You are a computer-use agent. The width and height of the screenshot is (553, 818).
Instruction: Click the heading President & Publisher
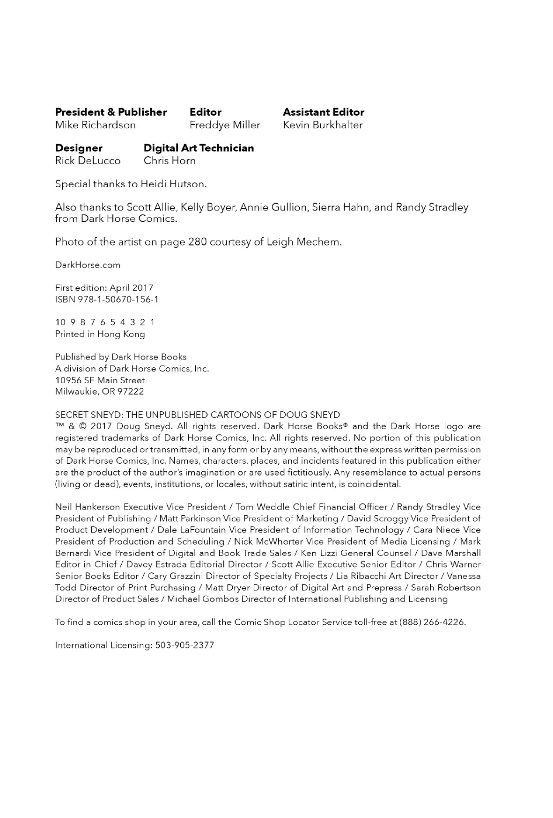111,112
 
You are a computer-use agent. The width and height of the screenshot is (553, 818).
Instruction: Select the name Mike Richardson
96,125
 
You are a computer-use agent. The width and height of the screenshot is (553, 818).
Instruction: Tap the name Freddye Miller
225,125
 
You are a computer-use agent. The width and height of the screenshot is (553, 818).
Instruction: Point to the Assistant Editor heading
323,112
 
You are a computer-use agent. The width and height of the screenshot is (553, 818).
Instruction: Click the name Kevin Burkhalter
323,125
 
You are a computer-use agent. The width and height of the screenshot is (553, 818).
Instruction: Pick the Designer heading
79,148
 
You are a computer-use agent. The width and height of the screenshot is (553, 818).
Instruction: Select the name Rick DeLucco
88,161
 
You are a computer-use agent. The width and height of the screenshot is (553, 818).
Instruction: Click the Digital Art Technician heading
199,148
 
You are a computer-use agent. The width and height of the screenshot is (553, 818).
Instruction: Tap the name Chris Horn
170,161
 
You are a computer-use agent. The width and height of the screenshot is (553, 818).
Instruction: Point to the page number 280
198,242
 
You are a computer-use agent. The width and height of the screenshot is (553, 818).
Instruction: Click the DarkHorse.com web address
88,265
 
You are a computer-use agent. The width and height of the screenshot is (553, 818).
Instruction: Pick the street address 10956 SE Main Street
100,380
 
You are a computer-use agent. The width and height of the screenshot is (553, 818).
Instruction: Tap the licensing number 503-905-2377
184,645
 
